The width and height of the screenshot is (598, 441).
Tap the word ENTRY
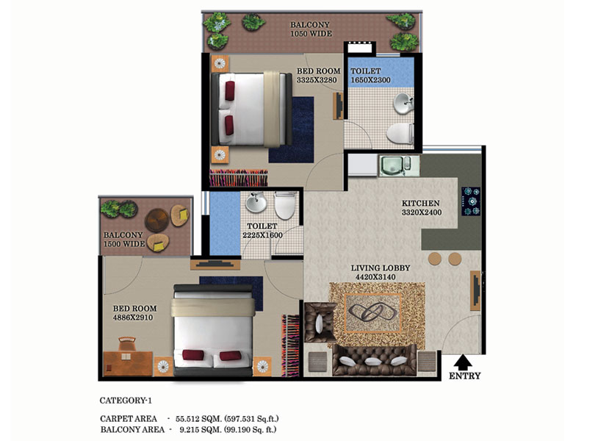464,376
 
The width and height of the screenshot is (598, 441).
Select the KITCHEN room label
421,204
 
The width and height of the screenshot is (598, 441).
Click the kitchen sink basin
392,165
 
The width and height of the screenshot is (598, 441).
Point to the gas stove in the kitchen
471,201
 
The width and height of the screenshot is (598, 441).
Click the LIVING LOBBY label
381,268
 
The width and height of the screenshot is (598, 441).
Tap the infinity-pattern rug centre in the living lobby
373,313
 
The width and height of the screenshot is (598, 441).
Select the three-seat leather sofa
374,359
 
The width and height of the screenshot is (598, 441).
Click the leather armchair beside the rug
320,323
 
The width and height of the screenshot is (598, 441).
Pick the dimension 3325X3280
317,80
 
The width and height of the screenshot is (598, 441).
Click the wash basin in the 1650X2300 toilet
403,104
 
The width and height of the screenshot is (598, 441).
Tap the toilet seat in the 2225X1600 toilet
285,205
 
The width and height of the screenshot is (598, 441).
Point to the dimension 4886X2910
133,318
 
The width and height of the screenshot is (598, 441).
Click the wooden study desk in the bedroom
128,363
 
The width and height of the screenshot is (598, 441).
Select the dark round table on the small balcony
156,220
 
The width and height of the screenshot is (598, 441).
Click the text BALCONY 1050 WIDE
311,29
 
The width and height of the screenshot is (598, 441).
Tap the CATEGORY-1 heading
126,401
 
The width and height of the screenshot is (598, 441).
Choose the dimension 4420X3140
375,277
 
